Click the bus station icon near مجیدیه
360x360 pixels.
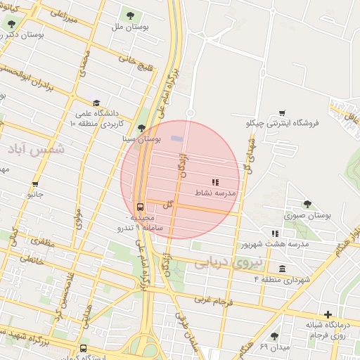[x=140, y=207]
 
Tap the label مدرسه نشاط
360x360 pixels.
[x=221, y=192]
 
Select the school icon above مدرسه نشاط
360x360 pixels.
[x=215, y=182]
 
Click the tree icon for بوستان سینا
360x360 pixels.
[x=143, y=128]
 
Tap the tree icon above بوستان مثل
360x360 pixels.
[x=129, y=14]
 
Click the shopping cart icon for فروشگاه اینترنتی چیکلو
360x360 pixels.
[x=282, y=112]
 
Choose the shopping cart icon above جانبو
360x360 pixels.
[x=34, y=184]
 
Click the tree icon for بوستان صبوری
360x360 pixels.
[x=307, y=205]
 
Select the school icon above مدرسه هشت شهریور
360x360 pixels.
[x=275, y=233]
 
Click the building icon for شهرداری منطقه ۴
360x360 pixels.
[x=282, y=268]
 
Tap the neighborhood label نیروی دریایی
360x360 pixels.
[x=228, y=264]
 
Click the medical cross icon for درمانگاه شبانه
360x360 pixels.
[x=328, y=314]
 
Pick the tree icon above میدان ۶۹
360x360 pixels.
[x=274, y=336]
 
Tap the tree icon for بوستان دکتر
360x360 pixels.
[x=10, y=23]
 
